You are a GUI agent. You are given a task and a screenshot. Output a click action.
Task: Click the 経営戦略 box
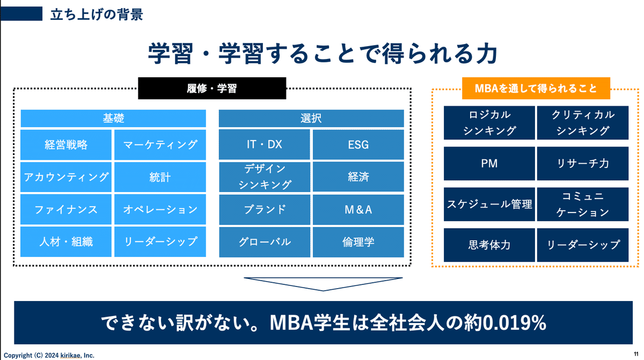pyautogui.click(x=67, y=145)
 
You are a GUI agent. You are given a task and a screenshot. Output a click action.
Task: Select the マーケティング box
pyautogui.click(x=160, y=145)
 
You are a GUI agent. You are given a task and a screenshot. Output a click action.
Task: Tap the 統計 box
pyautogui.click(x=160, y=177)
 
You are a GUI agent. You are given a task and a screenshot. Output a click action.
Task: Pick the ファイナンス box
pyautogui.click(x=67, y=209)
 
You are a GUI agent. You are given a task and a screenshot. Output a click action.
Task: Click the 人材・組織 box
pyautogui.click(x=67, y=242)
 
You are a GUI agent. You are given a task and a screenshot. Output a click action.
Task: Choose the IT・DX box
pyautogui.click(x=264, y=145)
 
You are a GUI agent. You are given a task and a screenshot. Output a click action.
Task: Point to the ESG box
pyautogui.click(x=358, y=145)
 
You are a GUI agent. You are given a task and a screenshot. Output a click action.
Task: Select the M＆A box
pyautogui.click(x=358, y=209)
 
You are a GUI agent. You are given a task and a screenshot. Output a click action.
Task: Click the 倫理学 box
pyautogui.click(x=358, y=242)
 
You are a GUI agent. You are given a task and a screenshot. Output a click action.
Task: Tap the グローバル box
pyautogui.click(x=264, y=242)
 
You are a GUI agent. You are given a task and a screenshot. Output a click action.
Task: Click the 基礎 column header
pyautogui.click(x=113, y=118)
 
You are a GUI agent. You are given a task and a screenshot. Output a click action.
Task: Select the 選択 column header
pyautogui.click(x=311, y=118)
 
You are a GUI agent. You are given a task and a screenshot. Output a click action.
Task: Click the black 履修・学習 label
pyautogui.click(x=212, y=89)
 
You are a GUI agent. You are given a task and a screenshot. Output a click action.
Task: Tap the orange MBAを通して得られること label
pyautogui.click(x=536, y=88)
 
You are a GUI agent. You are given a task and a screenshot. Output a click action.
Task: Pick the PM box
pyautogui.click(x=489, y=164)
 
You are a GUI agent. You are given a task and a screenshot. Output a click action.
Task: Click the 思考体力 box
pyautogui.click(x=489, y=245)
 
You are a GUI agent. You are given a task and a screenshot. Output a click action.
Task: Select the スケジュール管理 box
pyautogui.click(x=489, y=204)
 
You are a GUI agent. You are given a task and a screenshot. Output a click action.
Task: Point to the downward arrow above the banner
pyautogui.click(x=323, y=283)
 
